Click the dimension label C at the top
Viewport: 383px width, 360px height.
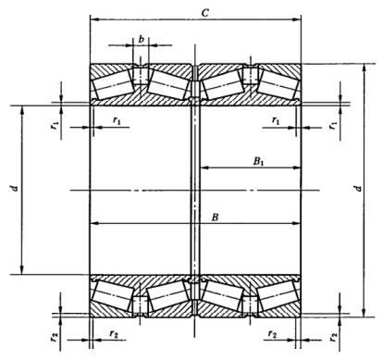click(205, 13)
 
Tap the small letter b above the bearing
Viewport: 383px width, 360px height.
click(142, 39)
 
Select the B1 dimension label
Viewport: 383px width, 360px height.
click(258, 161)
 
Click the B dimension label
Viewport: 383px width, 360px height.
click(215, 217)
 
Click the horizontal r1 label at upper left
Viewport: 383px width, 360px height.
click(117, 120)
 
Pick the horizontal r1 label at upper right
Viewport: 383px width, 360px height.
click(276, 120)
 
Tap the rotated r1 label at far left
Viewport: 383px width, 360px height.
click(56, 125)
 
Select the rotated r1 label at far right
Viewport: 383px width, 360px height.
click(333, 125)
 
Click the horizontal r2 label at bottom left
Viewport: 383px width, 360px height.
click(114, 334)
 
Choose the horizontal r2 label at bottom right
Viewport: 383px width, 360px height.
click(273, 334)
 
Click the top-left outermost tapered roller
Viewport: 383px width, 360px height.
click(112, 84)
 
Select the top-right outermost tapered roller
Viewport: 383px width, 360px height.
click(278, 84)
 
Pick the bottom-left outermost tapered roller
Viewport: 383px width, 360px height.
click(113, 295)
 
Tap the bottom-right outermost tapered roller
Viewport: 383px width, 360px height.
click(278, 295)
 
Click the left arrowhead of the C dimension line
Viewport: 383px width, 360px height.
click(93, 19)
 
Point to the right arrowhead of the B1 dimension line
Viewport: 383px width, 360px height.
click(297, 168)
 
